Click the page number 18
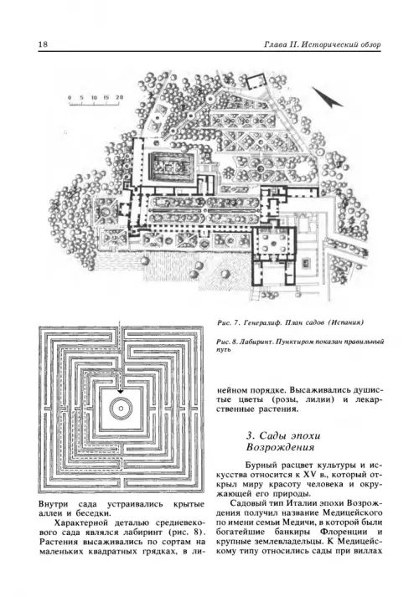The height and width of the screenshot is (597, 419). click(43, 44)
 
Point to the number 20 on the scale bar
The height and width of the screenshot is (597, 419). click(120, 97)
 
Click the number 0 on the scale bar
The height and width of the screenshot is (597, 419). click(70, 97)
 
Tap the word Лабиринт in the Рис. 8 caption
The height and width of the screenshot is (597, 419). click(256, 342)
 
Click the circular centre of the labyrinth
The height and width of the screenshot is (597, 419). click(121, 408)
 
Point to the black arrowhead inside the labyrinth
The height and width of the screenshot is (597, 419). click(121, 391)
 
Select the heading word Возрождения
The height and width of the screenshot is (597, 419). click(280, 447)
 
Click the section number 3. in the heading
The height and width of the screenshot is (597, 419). click(250, 435)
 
